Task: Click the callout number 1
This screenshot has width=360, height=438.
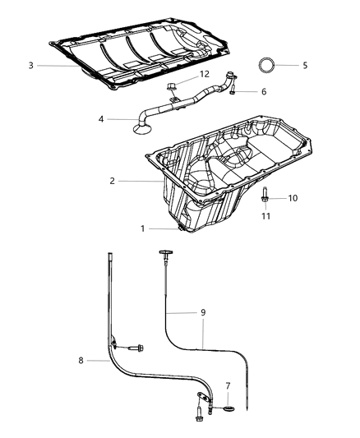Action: (x=142, y=228)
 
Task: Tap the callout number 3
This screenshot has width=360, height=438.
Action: (x=30, y=65)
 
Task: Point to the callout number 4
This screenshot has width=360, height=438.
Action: (x=101, y=119)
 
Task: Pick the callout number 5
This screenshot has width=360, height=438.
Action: (x=304, y=64)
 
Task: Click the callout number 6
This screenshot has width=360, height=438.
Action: (x=263, y=91)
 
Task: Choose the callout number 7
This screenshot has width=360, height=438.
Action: (x=228, y=385)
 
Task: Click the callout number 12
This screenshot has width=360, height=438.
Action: (x=205, y=75)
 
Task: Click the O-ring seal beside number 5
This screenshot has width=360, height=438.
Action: (x=268, y=65)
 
